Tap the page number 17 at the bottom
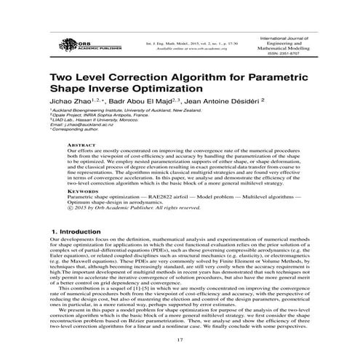point(179,339)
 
